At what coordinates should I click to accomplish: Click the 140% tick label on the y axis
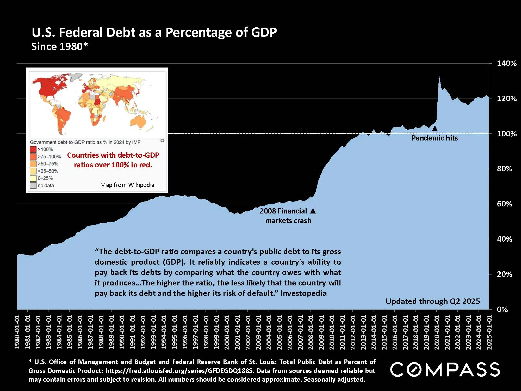(506, 63)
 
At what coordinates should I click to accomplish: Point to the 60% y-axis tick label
(504, 204)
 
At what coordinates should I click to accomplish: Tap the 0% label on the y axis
(502, 309)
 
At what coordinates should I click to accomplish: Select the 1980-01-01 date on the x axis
(17, 332)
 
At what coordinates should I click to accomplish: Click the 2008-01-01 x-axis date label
(311, 332)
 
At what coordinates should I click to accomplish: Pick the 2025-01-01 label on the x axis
(489, 332)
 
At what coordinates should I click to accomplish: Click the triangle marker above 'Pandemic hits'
(435, 128)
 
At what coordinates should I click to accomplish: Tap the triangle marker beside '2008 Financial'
(313, 211)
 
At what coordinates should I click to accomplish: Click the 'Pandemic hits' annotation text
(435, 138)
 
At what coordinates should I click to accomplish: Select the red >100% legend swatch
(33, 149)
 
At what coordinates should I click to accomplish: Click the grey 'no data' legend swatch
(33, 185)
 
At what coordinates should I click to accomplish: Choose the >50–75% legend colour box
(33, 164)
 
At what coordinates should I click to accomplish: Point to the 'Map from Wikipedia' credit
(127, 185)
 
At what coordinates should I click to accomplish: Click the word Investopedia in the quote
(303, 293)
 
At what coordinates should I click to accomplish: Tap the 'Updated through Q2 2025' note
(433, 301)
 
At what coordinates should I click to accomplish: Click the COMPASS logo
(445, 369)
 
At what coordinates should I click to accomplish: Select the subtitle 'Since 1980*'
(60, 47)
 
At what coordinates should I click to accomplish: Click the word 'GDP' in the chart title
(264, 33)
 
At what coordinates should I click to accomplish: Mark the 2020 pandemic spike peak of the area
(439, 76)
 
